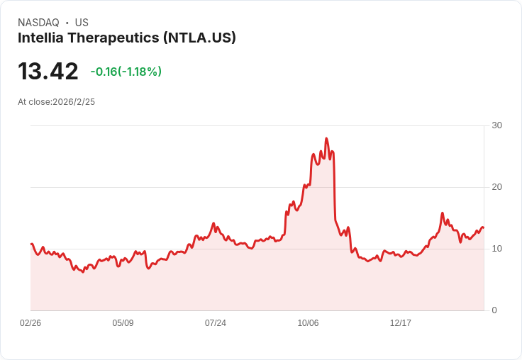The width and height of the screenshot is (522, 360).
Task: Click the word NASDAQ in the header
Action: [x=38, y=23]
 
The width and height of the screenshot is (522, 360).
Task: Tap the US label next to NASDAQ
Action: [x=82, y=23]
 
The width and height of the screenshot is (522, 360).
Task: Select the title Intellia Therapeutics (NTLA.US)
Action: [x=127, y=38]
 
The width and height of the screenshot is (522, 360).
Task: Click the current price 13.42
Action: [x=48, y=72]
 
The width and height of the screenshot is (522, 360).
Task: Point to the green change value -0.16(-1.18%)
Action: [x=126, y=72]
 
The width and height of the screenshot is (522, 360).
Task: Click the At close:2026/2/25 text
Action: [x=57, y=102]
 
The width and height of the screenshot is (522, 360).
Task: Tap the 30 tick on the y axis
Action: [x=496, y=125]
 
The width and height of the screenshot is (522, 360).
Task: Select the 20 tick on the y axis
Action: [x=496, y=187]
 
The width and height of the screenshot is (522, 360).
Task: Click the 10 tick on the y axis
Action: [x=496, y=249]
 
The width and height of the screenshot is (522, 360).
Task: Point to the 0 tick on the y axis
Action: [x=494, y=310]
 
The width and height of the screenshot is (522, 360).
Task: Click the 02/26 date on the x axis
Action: [x=30, y=323]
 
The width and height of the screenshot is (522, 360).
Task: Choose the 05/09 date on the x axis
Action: [x=123, y=323]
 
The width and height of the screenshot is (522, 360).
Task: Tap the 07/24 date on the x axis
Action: [x=216, y=323]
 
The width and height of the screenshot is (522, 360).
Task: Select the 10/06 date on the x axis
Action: [x=308, y=323]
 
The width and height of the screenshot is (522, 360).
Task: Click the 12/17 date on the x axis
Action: [x=401, y=323]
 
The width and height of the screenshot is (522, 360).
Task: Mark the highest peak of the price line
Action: [x=326, y=139]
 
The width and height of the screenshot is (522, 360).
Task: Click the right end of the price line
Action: [x=483, y=227]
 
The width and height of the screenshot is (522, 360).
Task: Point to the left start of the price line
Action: [x=31, y=244]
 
